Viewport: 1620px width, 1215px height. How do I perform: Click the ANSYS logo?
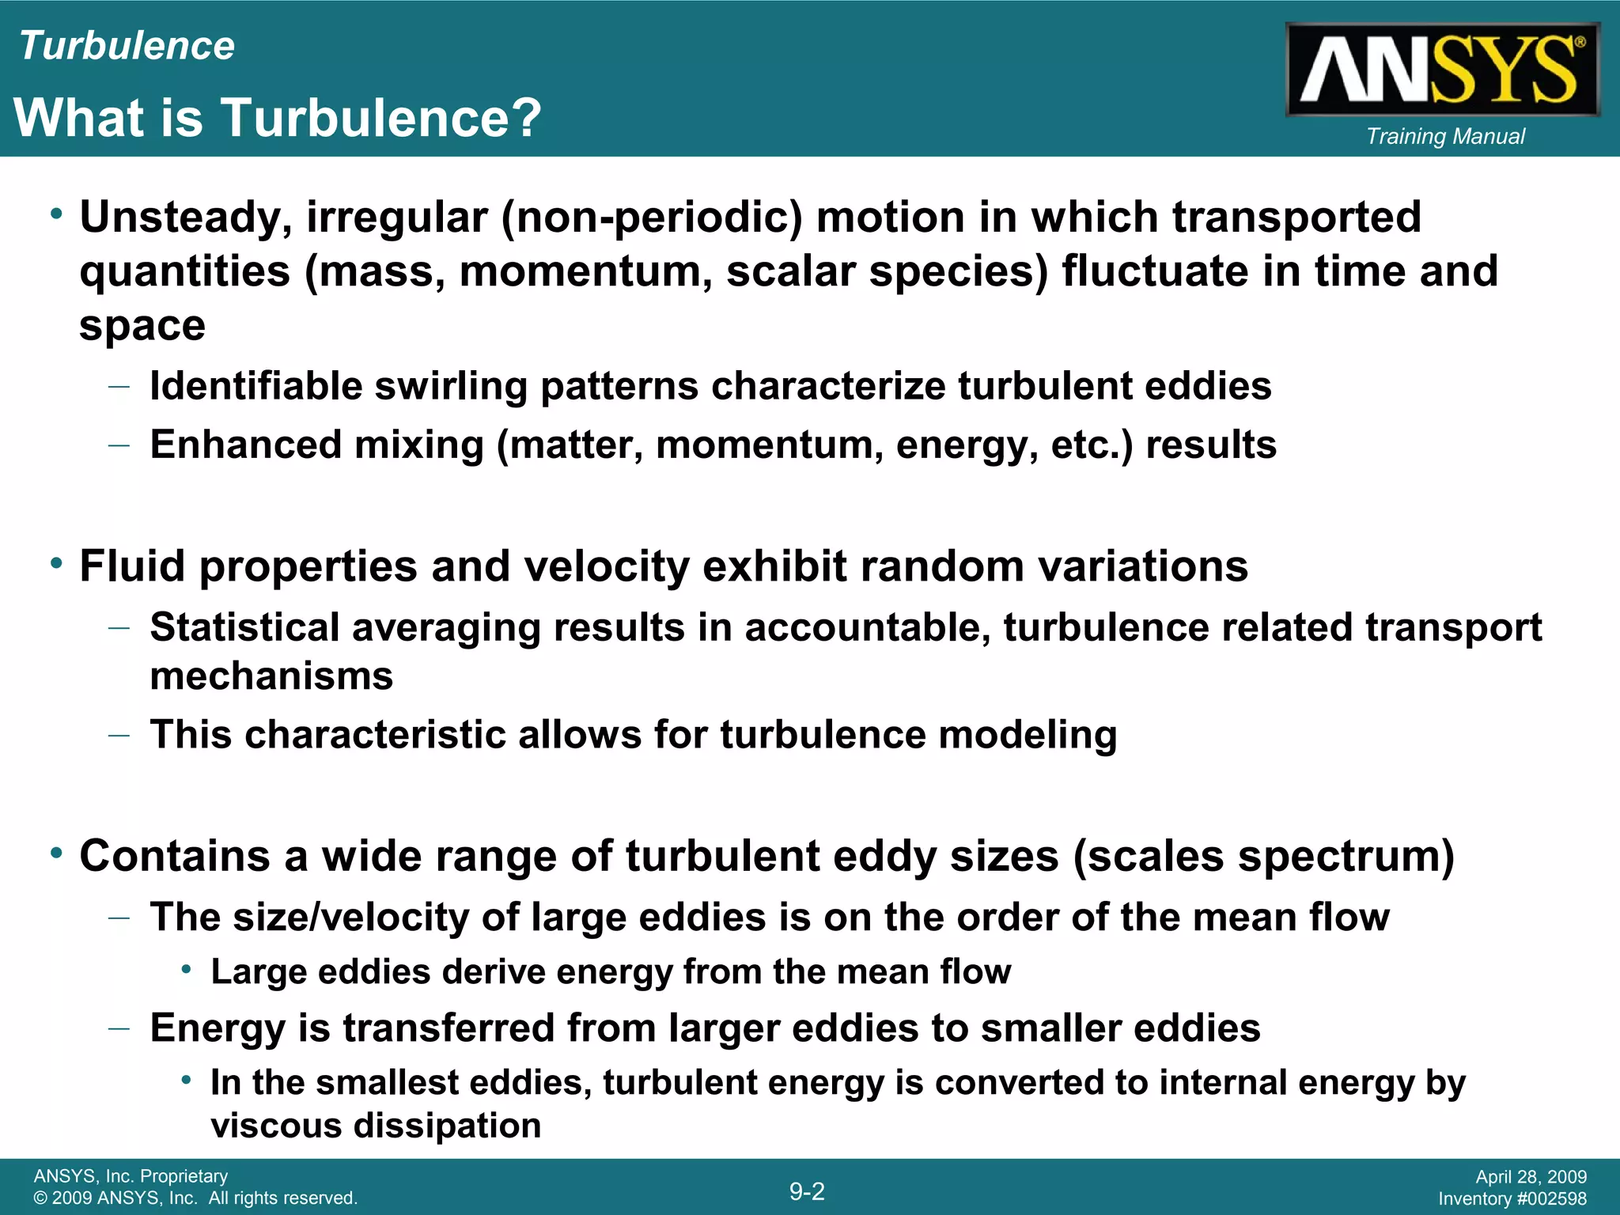(1443, 70)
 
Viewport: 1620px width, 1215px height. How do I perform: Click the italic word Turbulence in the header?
(127, 46)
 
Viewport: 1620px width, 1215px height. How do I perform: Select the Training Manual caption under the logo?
(1445, 136)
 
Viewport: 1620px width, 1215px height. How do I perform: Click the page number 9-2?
(807, 1190)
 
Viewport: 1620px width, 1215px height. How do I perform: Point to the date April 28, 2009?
(1531, 1177)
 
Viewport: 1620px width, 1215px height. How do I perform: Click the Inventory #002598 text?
(1512, 1199)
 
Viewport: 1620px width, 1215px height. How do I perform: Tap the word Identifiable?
(255, 387)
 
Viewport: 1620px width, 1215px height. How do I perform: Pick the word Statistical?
(244, 627)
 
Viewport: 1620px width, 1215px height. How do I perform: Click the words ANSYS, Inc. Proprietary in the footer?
(131, 1176)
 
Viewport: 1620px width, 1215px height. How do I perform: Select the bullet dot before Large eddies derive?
(186, 970)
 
